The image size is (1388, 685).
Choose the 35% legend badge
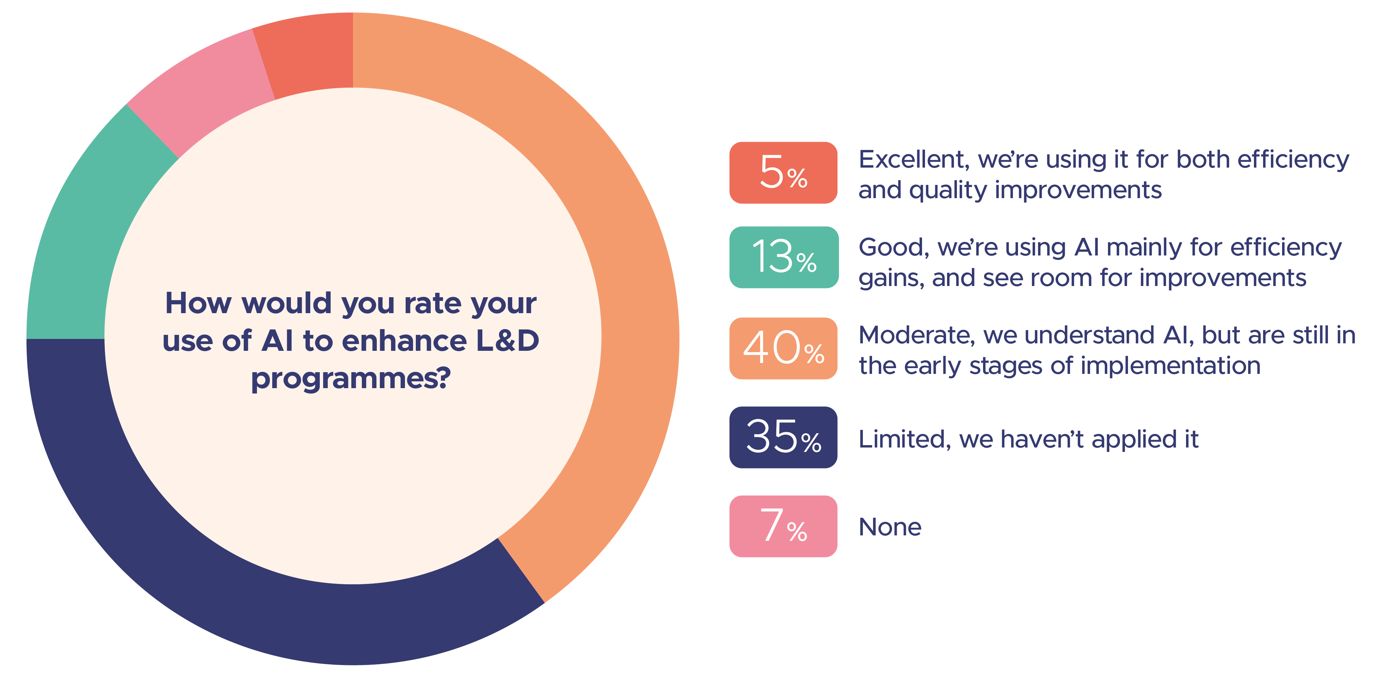[783, 437]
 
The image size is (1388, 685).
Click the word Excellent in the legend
[914, 160]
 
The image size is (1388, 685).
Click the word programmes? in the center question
[351, 379]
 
